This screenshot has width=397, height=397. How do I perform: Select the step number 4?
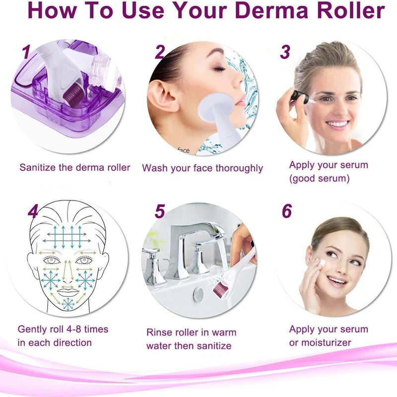(x=33, y=212)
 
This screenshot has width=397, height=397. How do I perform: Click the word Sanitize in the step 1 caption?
(x=38, y=167)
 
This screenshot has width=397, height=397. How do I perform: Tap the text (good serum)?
(x=320, y=178)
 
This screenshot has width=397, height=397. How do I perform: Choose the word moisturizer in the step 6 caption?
(x=327, y=342)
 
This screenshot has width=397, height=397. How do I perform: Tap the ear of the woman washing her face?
(x=162, y=92)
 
